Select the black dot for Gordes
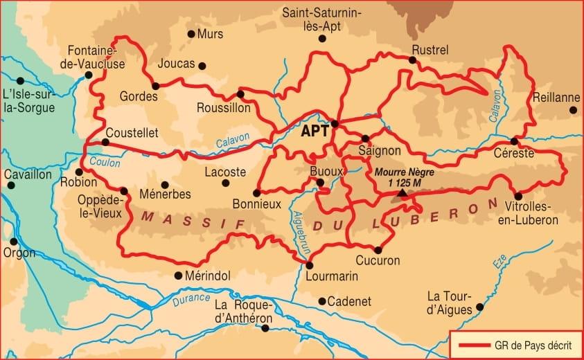[x=155, y=86]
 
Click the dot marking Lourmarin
[x=309, y=265]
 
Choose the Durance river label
[x=191, y=298]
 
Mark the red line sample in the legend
[x=470, y=345]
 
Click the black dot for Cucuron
[x=378, y=250]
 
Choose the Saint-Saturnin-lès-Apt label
[x=321, y=19]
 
